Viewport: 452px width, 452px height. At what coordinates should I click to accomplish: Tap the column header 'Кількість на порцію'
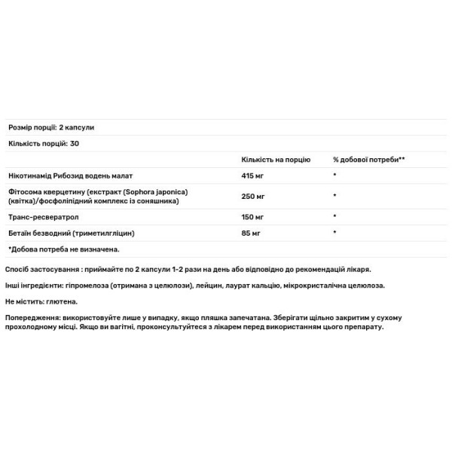[275, 160]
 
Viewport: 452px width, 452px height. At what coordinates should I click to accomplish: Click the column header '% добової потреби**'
[369, 160]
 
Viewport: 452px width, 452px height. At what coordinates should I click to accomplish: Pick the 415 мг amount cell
[254, 175]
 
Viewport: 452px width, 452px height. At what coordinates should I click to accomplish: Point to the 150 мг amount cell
[254, 218]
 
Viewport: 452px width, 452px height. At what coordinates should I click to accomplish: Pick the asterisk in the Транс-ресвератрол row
[334, 218]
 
